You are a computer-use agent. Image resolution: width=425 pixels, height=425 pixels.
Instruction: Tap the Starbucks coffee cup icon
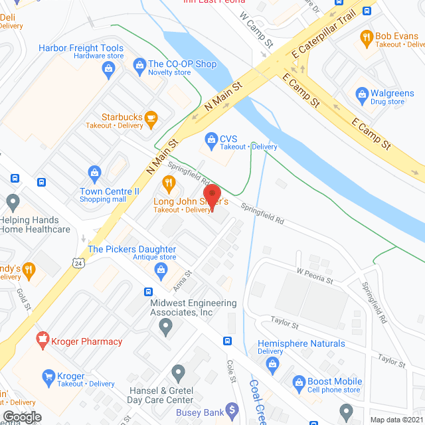151,119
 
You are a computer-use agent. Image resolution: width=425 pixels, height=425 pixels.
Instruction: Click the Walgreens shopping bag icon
362,94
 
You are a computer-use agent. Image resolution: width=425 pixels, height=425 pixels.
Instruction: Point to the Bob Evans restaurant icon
365,37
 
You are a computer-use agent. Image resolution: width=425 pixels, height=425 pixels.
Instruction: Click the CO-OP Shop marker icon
139,64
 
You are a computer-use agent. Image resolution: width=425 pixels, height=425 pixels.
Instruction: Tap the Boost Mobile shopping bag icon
298,382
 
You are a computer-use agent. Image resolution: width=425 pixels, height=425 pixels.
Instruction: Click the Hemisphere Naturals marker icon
272,363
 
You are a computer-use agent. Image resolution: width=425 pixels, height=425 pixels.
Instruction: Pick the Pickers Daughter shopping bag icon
160,269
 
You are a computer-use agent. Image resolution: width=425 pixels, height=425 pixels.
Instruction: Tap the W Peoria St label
315,276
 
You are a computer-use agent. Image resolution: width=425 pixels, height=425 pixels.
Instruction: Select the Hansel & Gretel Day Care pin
177,373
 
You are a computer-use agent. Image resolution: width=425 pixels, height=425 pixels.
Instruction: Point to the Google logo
21,417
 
